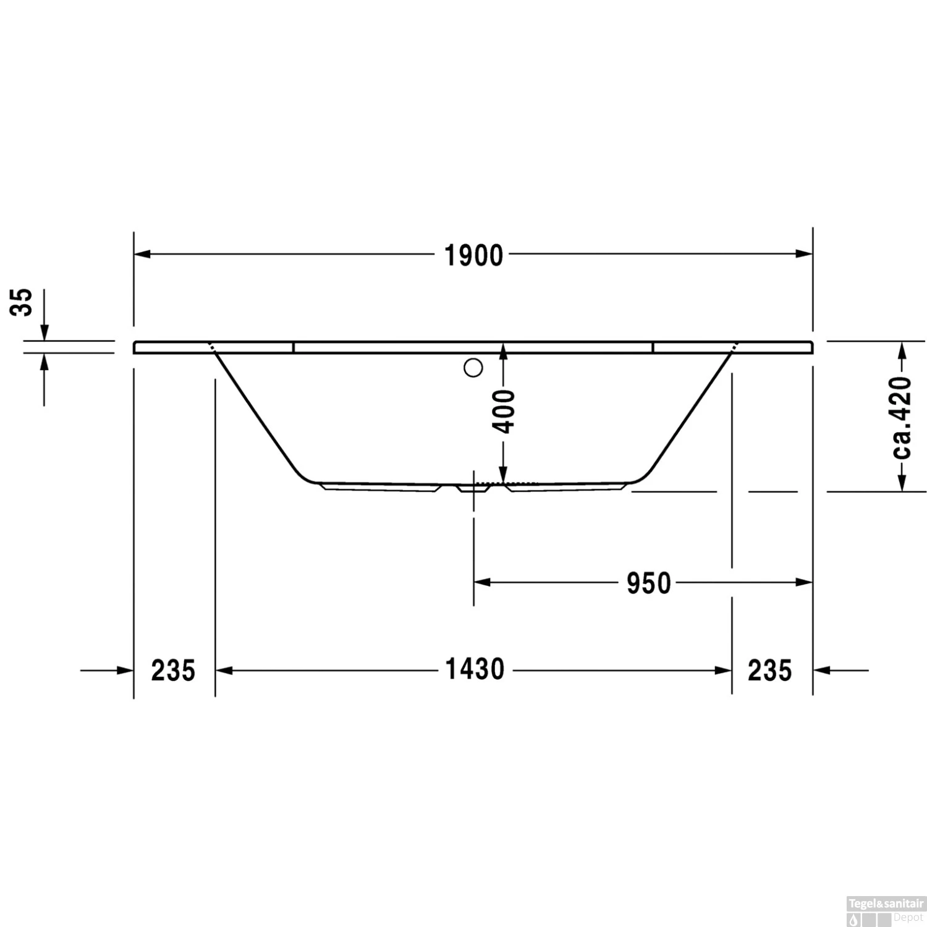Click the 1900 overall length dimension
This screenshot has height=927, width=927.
(x=474, y=255)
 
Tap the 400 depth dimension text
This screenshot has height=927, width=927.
(x=505, y=411)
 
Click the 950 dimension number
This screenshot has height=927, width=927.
(x=648, y=583)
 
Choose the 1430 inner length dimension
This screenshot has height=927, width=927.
(x=475, y=670)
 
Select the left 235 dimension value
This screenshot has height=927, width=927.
(x=173, y=671)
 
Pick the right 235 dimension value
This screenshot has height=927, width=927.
(x=769, y=671)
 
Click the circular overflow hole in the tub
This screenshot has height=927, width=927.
(x=473, y=368)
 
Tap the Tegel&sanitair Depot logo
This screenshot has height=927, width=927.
(x=886, y=912)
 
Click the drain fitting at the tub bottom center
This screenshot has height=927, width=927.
(x=473, y=488)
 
